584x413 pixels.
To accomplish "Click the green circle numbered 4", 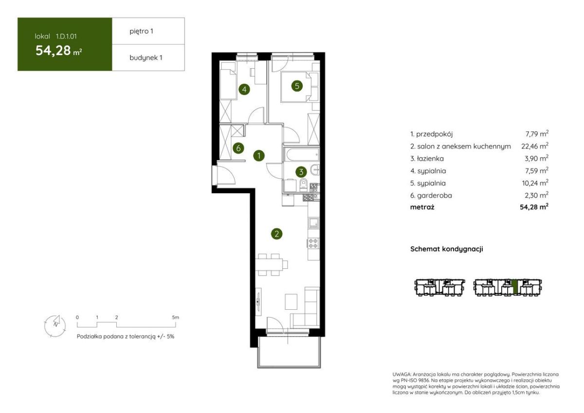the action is (244, 90).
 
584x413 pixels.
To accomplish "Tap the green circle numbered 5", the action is (297, 86).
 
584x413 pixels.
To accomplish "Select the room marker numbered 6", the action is (238, 148).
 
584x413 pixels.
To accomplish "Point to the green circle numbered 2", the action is (276, 233).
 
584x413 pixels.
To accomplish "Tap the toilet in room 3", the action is (303, 184).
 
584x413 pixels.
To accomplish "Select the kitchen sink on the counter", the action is (313, 223).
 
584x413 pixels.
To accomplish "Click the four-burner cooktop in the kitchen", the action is (313, 244).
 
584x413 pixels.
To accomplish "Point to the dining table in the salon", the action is (269, 264).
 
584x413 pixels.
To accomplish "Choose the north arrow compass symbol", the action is (55, 326).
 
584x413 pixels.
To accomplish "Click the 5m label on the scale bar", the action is (176, 318).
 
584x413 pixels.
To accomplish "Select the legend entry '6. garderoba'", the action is (431, 195).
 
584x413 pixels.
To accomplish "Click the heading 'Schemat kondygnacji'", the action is (447, 249).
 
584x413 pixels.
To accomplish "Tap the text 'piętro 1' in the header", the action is (141, 32).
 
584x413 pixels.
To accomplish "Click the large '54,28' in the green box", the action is (53, 50).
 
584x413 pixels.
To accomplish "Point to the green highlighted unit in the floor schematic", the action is (515, 286).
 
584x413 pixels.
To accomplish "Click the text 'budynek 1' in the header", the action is (146, 57).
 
